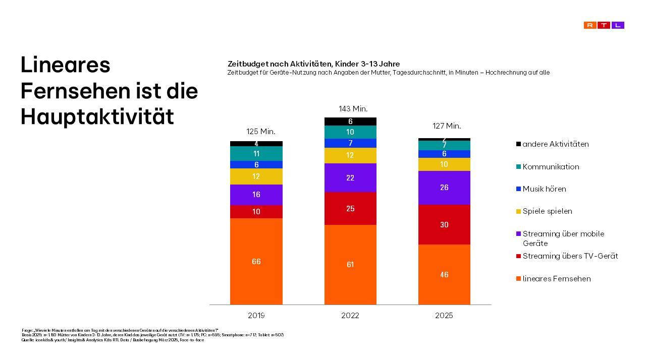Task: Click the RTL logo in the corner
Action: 604,25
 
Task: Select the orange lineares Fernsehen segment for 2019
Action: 256,261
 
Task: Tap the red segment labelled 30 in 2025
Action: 444,224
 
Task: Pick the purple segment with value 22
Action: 350,177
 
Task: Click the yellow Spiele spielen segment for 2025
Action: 444,164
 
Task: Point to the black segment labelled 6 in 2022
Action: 350,122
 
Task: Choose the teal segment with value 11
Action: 256,153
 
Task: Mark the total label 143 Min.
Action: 353,109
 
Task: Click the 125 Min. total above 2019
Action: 260,132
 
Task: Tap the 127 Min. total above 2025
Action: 447,126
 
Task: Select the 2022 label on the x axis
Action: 350,316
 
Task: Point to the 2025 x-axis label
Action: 444,316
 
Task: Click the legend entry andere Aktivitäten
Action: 555,144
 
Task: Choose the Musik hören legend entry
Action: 544,189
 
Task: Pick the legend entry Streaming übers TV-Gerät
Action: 570,256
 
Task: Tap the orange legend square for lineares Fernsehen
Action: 518,279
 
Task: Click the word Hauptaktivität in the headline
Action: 97,116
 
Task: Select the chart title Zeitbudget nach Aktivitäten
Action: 313,64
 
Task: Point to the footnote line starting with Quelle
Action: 113,340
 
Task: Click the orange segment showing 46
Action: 444,274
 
